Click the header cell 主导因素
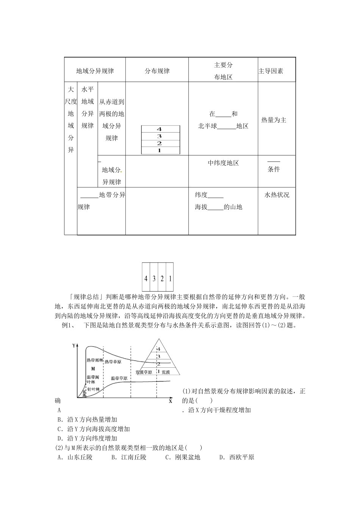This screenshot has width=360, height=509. (271, 71)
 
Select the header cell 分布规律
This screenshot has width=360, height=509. (157, 71)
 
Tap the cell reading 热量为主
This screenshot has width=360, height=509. (274, 120)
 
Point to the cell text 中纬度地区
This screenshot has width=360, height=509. (223, 163)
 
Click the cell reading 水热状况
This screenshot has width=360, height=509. (277, 195)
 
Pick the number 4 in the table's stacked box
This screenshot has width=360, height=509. (160, 129)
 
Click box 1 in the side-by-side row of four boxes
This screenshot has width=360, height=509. (170, 279)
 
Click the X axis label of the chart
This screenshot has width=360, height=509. (171, 400)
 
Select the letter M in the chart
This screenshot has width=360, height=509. (93, 368)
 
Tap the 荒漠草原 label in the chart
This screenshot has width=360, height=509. (144, 372)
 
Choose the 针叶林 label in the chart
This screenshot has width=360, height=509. (93, 389)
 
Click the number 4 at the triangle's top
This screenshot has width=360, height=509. (159, 349)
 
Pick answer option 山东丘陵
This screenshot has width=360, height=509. (75, 457)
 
